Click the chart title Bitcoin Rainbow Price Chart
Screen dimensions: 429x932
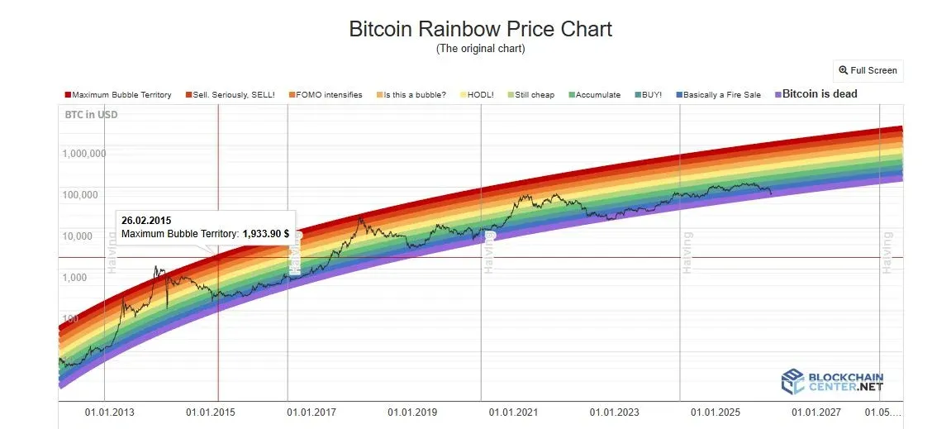click(480, 29)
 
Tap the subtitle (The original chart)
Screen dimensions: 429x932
click(480, 49)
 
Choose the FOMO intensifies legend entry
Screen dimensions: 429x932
click(324, 95)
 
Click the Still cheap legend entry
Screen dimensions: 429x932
click(531, 95)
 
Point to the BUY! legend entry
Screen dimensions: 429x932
click(649, 95)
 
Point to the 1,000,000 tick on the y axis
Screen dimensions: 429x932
click(83, 154)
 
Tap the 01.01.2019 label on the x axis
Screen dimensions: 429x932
click(412, 412)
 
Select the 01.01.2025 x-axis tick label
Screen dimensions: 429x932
click(716, 412)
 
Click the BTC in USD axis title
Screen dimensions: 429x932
click(91, 115)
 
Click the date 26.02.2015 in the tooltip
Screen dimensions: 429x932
click(146, 221)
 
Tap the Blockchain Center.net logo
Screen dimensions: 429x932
click(832, 381)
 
